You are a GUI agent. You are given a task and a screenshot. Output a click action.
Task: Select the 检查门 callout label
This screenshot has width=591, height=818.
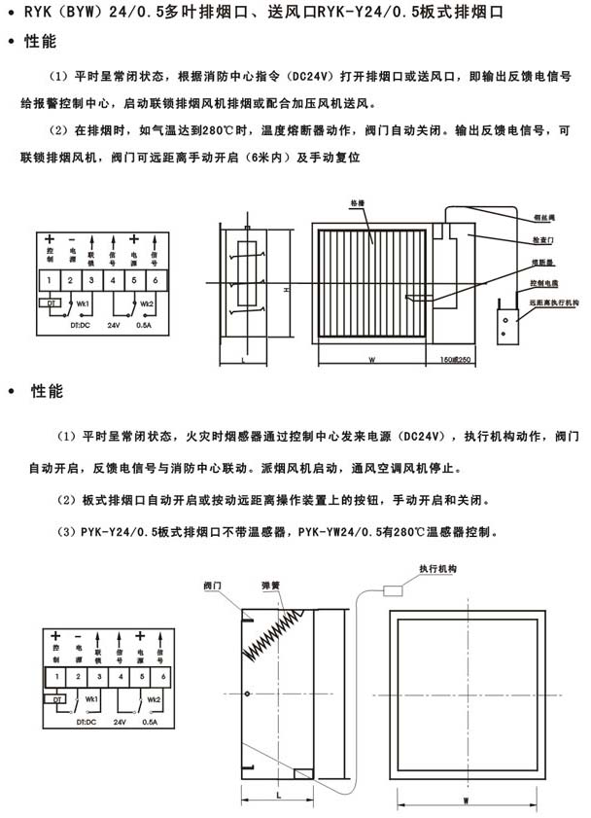[544, 238]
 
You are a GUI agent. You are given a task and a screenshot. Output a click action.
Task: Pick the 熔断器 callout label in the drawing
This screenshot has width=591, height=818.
[544, 262]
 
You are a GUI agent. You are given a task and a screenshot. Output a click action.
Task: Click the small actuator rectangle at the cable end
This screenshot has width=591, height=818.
[396, 588]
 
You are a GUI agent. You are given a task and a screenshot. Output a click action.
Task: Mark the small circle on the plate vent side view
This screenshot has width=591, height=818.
[250, 693]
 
